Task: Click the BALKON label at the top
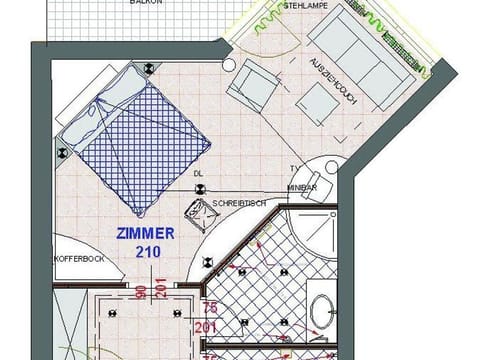tap(146, 4)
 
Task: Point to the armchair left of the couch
tap(251, 87)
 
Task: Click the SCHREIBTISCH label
tap(238, 203)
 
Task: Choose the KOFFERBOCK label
tap(79, 259)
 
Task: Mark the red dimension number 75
tap(209, 308)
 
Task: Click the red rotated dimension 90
tap(141, 293)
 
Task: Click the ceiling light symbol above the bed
tap(149, 68)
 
